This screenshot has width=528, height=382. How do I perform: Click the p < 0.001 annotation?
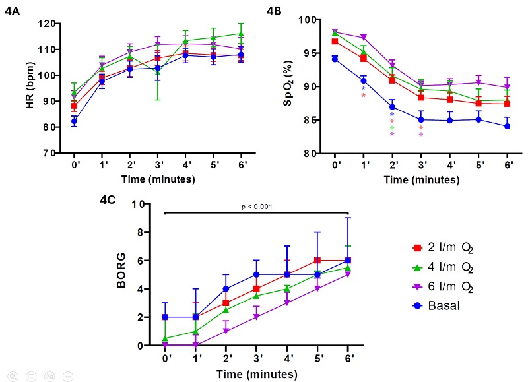pos(256,205)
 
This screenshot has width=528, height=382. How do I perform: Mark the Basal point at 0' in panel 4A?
pos(75,121)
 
